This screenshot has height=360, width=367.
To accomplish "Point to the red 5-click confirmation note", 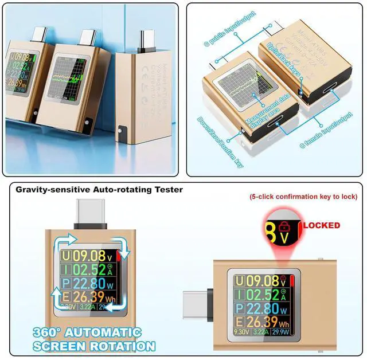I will click(303, 197).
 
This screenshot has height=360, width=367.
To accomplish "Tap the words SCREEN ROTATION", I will click(95, 346).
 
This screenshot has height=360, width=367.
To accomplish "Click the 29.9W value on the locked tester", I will click(280, 331).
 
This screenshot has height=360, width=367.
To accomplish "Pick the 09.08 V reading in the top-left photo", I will click(24, 58).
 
